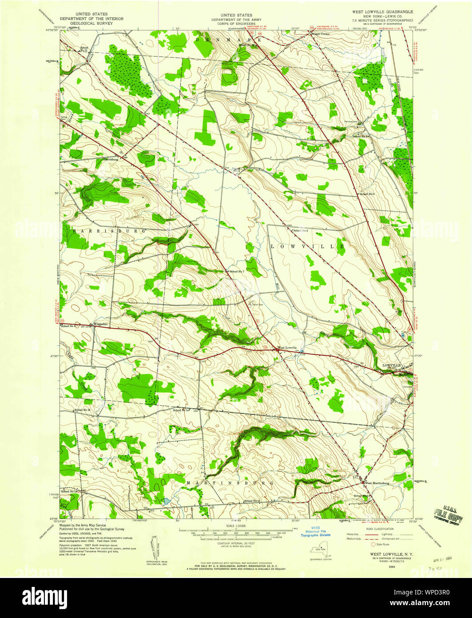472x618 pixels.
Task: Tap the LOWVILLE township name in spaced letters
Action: coord(306,246)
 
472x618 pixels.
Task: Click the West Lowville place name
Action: coord(287,347)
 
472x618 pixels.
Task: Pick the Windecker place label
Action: coord(99,324)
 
